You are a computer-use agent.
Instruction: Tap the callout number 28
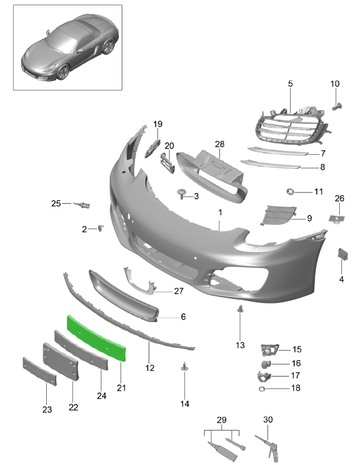[x=220, y=144]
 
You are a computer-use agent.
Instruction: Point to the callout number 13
[x=240, y=345]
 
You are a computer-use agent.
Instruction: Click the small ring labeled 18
[x=261, y=389]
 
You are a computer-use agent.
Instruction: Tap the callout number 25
[x=56, y=203]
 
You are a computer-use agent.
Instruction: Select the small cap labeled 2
[x=101, y=228]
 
